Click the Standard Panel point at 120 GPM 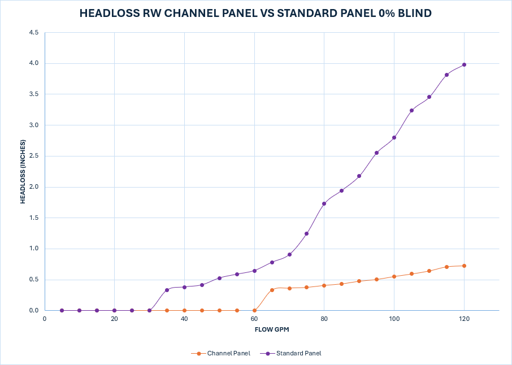tap(464, 64)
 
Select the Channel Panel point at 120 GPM tap(464, 266)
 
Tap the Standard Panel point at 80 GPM tap(324, 203)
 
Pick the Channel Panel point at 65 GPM tap(272, 290)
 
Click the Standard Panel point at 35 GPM tap(167, 290)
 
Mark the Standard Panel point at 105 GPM tap(411, 110)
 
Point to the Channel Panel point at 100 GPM tap(394, 276)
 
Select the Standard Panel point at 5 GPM tap(62, 310)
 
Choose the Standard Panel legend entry tap(293, 354)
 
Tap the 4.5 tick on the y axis tap(33, 33)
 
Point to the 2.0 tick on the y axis tap(33, 187)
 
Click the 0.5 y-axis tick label tap(33, 280)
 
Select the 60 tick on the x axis tap(254, 319)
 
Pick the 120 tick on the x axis tap(464, 319)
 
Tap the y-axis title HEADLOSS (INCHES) tap(23, 172)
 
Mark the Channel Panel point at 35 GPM tap(167, 310)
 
